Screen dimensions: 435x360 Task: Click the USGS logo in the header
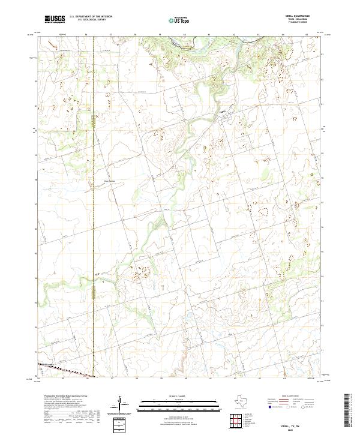[x=55, y=19]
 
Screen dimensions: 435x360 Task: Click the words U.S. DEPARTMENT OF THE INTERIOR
[x=91, y=17]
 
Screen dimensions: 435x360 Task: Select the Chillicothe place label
[x=47, y=364]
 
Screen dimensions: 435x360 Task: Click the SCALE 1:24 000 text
[x=179, y=395]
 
